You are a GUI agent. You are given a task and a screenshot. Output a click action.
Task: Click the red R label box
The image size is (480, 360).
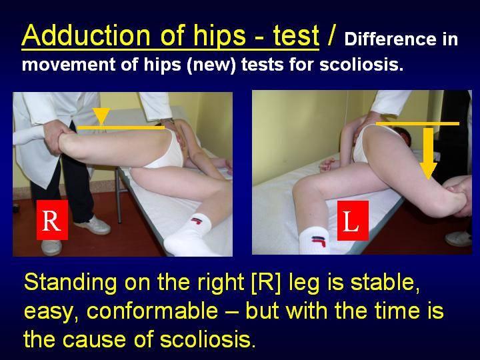pyautogui.click(x=53, y=220)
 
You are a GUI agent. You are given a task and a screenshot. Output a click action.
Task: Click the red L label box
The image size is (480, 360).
pyautogui.click(x=353, y=221)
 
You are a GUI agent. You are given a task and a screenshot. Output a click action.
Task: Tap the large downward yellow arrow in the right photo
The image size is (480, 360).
pyautogui.click(x=428, y=153)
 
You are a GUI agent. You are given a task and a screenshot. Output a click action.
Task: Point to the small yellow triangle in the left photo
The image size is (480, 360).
pyautogui.click(x=101, y=116)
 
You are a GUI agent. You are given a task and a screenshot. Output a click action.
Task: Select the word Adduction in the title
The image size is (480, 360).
pyautogui.click(x=86, y=35)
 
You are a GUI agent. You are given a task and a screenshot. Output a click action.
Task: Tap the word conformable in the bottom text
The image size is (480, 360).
pyautogui.click(x=152, y=311)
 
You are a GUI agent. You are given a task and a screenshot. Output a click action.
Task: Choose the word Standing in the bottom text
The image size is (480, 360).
pyautogui.click(x=70, y=283)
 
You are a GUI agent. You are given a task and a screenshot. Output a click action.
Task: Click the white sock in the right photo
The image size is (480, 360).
pyautogui.click(x=314, y=242)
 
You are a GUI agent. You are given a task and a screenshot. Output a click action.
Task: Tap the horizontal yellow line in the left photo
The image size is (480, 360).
pyautogui.click(x=121, y=127)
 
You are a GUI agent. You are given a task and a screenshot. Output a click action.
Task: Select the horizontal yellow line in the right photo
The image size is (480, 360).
pyautogui.click(x=417, y=124)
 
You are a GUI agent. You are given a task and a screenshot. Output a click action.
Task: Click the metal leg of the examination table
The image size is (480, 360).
pyautogui.click(x=118, y=196)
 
